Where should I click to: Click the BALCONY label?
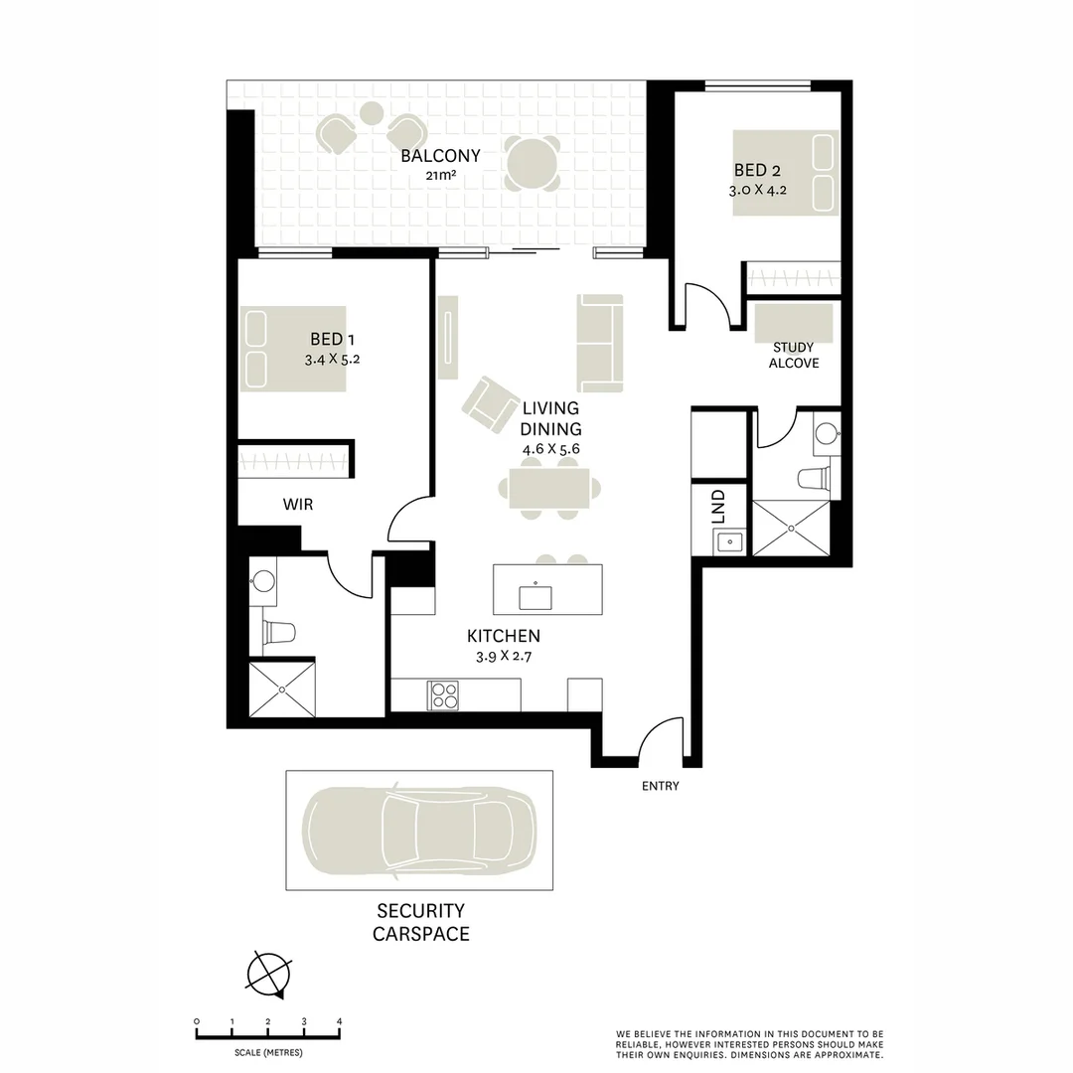[x=440, y=156]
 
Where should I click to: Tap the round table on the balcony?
[x=531, y=162]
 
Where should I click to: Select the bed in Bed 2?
[x=786, y=171]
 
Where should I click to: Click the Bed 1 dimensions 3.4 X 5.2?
[x=332, y=360]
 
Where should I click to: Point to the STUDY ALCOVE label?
[x=793, y=356]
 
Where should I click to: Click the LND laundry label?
[x=717, y=506]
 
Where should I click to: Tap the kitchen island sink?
[x=536, y=596]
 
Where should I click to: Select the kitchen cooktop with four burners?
[x=442, y=694]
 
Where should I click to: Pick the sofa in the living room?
[x=600, y=343]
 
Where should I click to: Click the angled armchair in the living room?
[x=487, y=404]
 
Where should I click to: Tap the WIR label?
[x=298, y=505]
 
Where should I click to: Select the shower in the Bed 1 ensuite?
[x=282, y=689]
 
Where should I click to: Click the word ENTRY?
[x=661, y=786]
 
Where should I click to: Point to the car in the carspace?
[x=419, y=830]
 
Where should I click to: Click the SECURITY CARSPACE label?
[x=420, y=922]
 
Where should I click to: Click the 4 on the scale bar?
[x=340, y=1021]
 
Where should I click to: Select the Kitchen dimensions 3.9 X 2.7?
[x=504, y=656]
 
